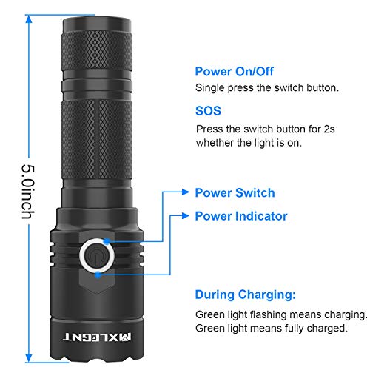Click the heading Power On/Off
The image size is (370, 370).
[235, 72]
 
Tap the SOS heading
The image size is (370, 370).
[208, 111]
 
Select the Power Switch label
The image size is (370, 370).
[235, 193]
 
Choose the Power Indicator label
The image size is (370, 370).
[241, 216]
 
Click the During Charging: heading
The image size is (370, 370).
[246, 295]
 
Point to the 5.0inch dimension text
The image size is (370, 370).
[28, 192]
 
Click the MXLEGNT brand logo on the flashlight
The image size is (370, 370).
[97, 337]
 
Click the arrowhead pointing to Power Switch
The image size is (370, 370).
[185, 192]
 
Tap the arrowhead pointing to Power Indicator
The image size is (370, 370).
[185, 216]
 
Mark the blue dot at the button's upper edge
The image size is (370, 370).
[107, 241]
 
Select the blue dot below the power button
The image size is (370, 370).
[98, 275]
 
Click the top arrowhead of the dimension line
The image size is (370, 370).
[29, 19]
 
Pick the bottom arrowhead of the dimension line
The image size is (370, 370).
[29, 358]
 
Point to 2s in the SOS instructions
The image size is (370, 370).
[329, 129]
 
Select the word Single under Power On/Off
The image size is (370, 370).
[210, 88]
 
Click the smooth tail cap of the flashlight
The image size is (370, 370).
[97, 24]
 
